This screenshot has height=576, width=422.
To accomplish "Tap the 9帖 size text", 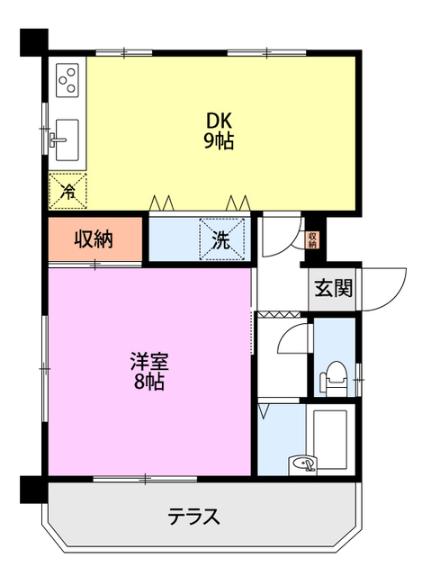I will click(x=219, y=141).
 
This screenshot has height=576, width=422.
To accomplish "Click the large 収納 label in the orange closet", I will click(x=93, y=239).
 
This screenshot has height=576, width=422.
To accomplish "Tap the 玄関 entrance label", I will click(x=333, y=289).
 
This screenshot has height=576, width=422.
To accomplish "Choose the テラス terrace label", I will click(x=193, y=517).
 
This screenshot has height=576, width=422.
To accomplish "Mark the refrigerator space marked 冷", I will click(x=68, y=189).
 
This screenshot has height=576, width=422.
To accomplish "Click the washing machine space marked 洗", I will click(x=221, y=238).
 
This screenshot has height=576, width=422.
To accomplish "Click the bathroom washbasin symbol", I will click(x=303, y=464).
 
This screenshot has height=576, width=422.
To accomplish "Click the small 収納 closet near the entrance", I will click(x=312, y=239).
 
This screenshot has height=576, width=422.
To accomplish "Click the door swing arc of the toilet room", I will click(x=294, y=340).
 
